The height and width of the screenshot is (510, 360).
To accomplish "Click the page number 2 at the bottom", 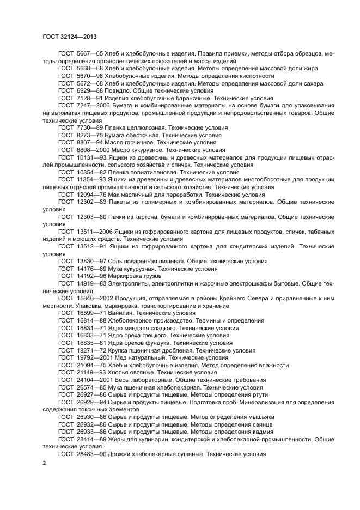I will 44,463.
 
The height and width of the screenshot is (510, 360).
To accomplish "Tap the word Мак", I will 115,194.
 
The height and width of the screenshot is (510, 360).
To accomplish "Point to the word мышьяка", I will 259,417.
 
